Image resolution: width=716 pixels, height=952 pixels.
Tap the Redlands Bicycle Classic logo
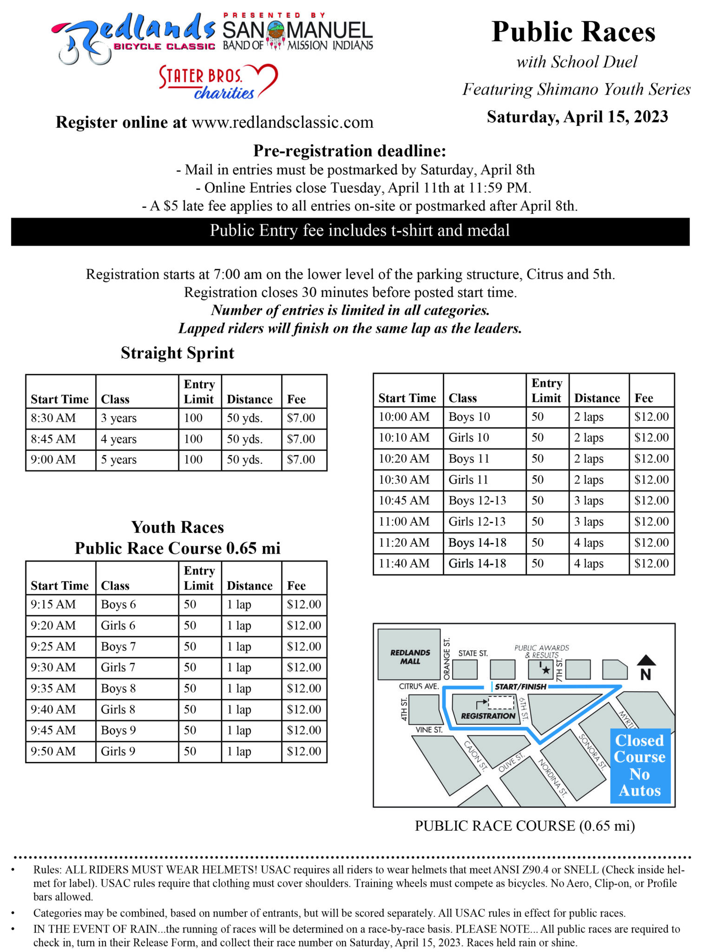tap(132, 37)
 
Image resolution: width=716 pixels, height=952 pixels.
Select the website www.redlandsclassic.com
tap(282, 122)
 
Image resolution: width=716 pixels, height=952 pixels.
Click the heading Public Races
tap(573, 32)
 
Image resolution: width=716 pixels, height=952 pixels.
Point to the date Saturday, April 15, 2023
tap(577, 117)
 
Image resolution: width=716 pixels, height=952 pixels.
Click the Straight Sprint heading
tap(177, 353)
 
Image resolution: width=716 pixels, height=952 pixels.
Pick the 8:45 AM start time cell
tap(53, 439)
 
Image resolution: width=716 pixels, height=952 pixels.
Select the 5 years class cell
tap(119, 460)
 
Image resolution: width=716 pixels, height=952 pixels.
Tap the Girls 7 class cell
tap(118, 668)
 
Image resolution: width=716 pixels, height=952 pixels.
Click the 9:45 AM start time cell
tap(53, 730)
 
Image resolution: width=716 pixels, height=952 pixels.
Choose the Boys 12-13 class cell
tap(477, 501)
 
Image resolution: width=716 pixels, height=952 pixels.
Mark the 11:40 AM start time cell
tap(404, 563)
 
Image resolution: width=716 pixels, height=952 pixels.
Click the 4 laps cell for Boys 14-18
tap(589, 542)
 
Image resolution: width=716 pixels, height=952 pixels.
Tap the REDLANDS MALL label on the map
tap(410, 656)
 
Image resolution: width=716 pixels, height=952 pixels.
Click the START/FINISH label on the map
tap(520, 687)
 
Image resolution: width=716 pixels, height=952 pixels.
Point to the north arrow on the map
tap(646, 667)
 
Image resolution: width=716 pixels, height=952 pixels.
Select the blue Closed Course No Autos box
tap(640, 765)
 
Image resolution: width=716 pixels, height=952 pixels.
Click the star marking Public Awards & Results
tap(545, 670)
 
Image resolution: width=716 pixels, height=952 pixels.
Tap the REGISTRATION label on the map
tap(488, 716)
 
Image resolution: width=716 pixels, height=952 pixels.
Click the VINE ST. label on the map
tap(429, 730)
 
